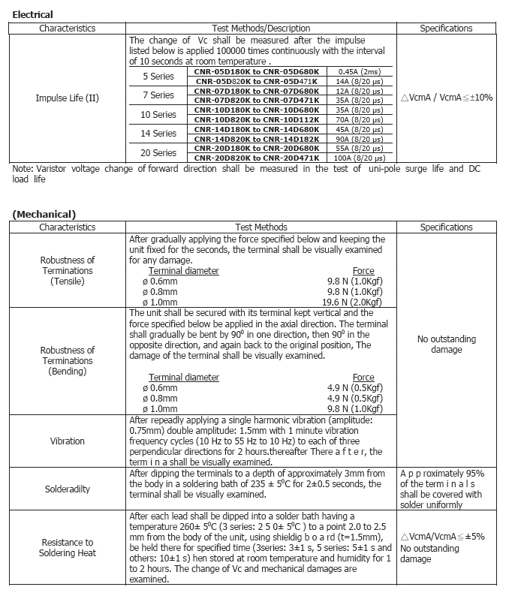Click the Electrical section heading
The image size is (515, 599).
point(33,14)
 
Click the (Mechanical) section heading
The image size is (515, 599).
point(44,215)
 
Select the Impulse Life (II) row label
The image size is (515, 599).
point(68,98)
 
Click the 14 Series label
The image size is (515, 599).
point(158,134)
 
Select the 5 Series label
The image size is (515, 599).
point(158,77)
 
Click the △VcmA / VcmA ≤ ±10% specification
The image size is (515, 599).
point(446,98)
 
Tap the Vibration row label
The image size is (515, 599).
point(68,441)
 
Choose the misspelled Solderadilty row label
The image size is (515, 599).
point(68,489)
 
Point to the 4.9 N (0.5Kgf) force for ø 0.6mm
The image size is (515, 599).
point(364,388)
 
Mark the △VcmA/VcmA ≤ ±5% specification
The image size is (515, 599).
point(442,537)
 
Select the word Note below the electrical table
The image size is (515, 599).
point(22,169)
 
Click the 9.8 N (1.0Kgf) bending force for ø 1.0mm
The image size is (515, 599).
point(364,409)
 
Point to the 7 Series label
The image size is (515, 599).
point(158,95)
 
